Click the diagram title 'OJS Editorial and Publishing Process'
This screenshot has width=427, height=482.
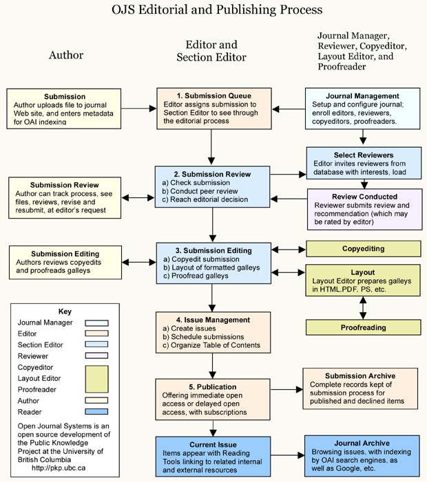[x=216, y=10]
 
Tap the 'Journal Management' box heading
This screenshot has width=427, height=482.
[x=363, y=96]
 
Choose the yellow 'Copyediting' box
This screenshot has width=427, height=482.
[x=362, y=248]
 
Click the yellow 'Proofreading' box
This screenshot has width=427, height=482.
[x=363, y=327]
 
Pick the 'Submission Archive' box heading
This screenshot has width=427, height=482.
[x=360, y=375]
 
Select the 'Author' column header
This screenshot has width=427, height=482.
[x=66, y=56]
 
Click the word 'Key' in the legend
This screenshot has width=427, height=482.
[x=64, y=311]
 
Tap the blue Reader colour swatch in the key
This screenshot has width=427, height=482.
[x=96, y=412]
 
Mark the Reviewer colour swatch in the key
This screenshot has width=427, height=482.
[x=96, y=355]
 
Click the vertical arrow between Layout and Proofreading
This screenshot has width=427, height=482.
[x=363, y=307]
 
